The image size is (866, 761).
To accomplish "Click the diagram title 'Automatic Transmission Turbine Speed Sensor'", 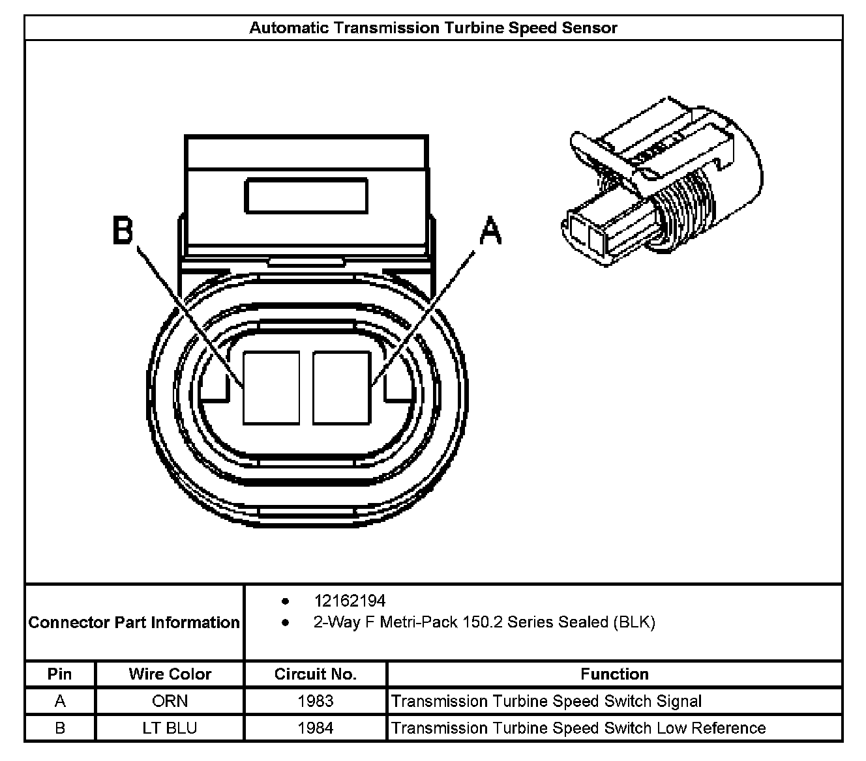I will tap(433, 28).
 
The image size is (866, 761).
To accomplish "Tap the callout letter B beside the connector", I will tap(123, 231).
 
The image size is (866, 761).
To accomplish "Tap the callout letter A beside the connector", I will tap(490, 232).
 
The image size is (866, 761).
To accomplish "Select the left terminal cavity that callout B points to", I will tap(271, 388).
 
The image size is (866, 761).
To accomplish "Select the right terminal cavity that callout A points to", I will tap(342, 388).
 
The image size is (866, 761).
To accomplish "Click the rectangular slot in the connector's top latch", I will tap(306, 196).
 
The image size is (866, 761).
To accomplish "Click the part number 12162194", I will tap(350, 601).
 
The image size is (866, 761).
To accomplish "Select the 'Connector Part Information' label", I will tap(134, 622).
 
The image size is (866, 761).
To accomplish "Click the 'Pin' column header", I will tap(60, 674).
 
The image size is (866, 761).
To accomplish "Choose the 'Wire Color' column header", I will tap(170, 674).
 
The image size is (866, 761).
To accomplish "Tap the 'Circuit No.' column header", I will tap(316, 674).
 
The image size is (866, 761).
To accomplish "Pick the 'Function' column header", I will tap(614, 674).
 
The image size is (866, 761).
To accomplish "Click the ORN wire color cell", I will tap(170, 701).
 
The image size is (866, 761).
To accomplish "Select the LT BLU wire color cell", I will tap(170, 728).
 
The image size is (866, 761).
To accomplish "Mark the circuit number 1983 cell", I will tap(316, 701).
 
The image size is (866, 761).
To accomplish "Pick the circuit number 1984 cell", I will tap(316, 728).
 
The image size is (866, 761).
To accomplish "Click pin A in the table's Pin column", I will tap(60, 701).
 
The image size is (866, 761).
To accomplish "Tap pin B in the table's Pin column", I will tap(60, 728).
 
